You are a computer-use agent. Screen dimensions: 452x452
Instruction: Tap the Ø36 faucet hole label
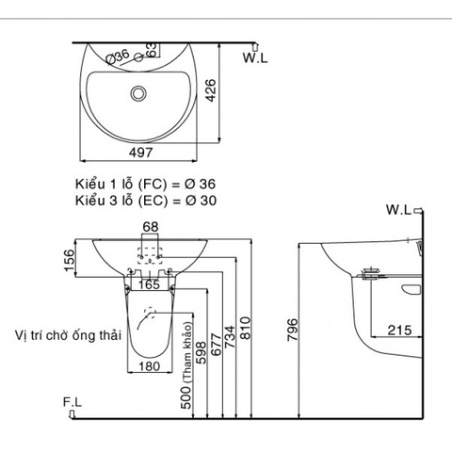click(118, 57)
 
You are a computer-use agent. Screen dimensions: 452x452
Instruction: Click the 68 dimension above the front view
click(151, 225)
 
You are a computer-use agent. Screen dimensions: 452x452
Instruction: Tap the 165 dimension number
click(149, 282)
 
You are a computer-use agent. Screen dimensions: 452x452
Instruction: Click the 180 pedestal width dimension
click(150, 366)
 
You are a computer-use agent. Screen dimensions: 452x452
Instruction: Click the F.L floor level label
click(73, 401)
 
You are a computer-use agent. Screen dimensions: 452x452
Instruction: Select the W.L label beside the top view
click(254, 58)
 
